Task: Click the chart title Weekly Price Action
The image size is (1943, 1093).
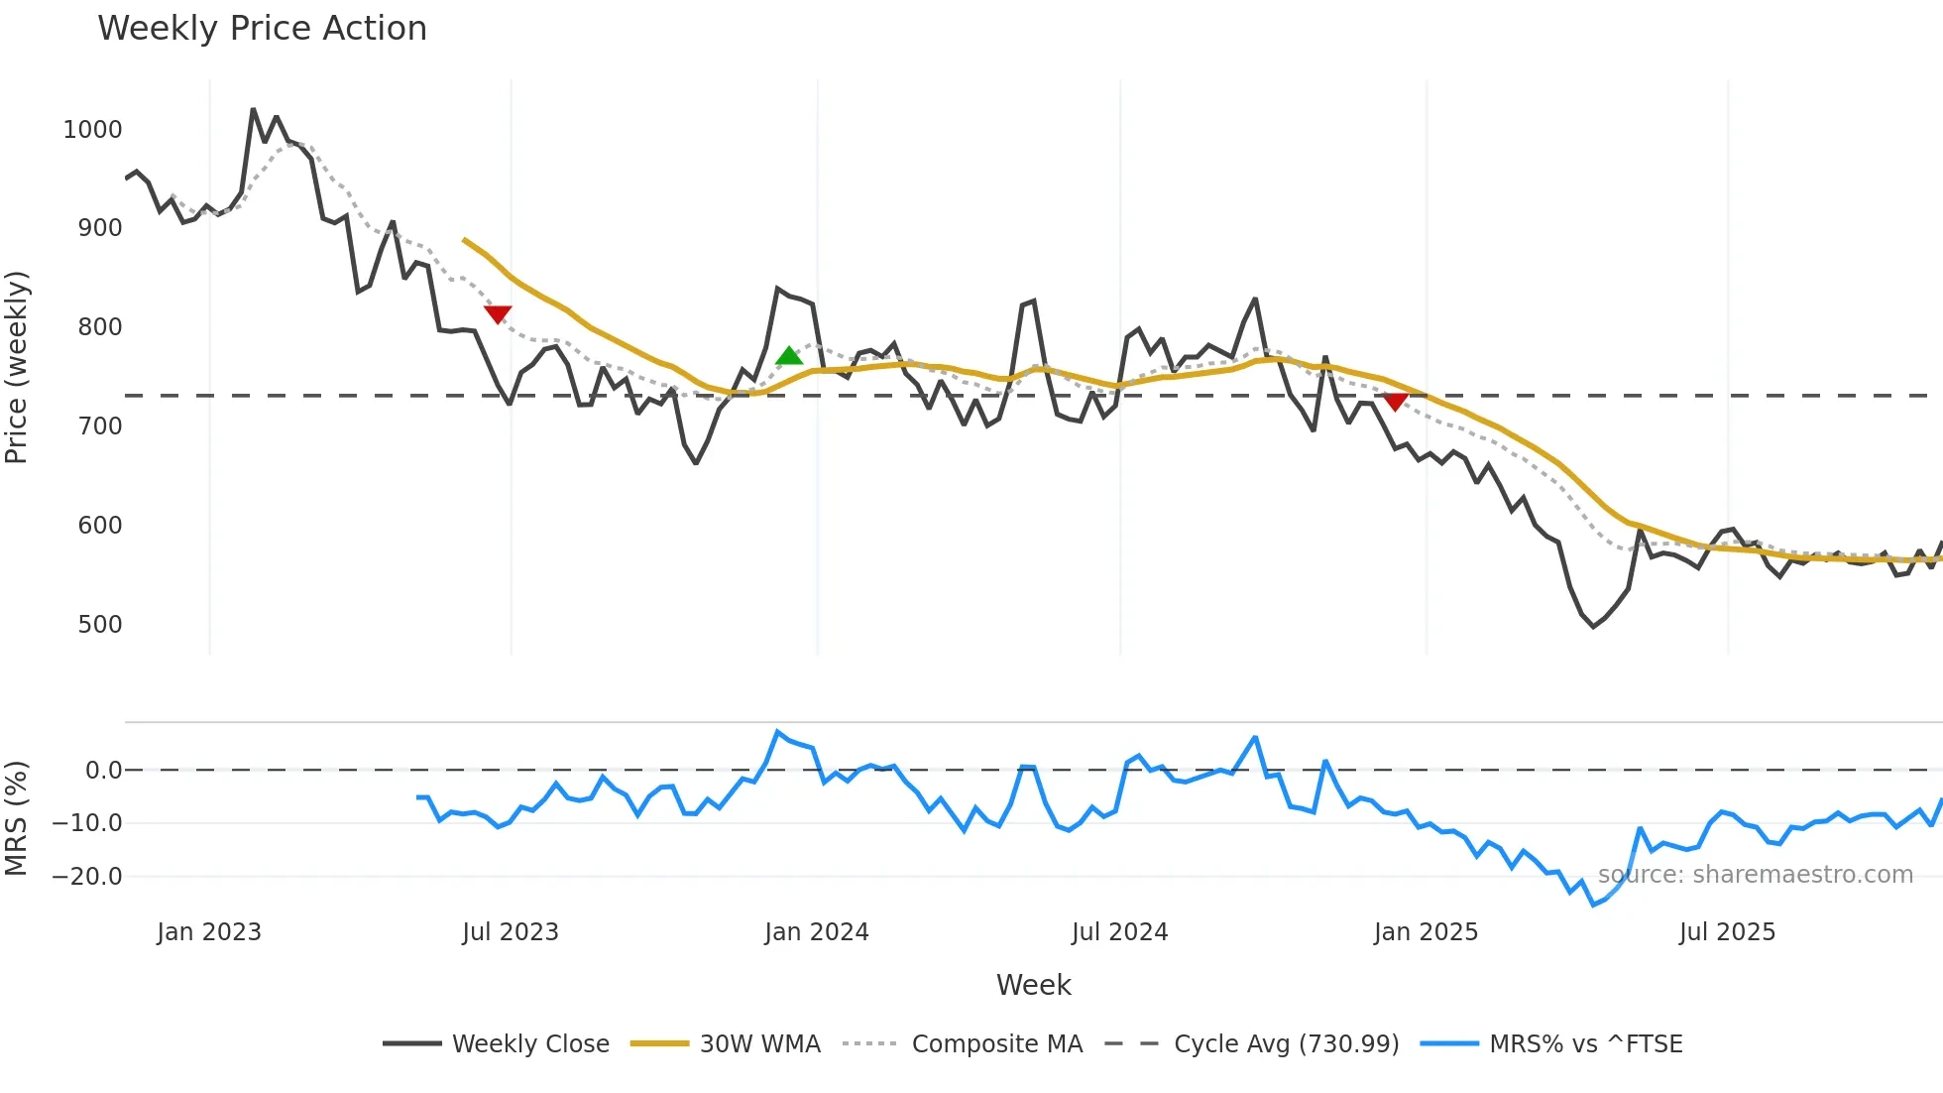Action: click(262, 29)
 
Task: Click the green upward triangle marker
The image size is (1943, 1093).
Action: click(789, 356)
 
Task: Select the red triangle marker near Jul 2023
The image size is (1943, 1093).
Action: click(498, 314)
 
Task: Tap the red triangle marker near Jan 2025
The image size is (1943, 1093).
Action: click(1395, 402)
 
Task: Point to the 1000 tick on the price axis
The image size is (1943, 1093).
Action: click(92, 130)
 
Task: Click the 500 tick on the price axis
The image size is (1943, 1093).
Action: click(99, 625)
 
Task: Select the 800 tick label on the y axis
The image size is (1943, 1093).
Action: click(99, 327)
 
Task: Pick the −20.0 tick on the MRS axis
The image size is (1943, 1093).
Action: click(87, 877)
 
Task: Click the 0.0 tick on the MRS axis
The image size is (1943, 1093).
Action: click(103, 771)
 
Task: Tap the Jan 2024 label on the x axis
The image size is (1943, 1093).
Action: click(816, 932)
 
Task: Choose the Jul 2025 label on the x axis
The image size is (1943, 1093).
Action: click(1727, 932)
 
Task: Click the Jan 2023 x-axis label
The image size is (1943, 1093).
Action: click(209, 932)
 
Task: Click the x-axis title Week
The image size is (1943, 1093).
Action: click(1033, 985)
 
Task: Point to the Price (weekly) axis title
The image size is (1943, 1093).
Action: click(17, 367)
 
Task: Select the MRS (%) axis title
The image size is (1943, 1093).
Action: click(17, 818)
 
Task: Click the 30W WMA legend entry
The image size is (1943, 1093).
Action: click(759, 1044)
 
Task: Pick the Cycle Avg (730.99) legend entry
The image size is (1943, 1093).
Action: click(1286, 1044)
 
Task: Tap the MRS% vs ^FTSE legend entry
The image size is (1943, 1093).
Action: click(1585, 1044)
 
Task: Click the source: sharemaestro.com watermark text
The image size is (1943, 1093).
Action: click(1755, 875)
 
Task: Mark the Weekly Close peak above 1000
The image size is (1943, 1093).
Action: click(253, 109)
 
